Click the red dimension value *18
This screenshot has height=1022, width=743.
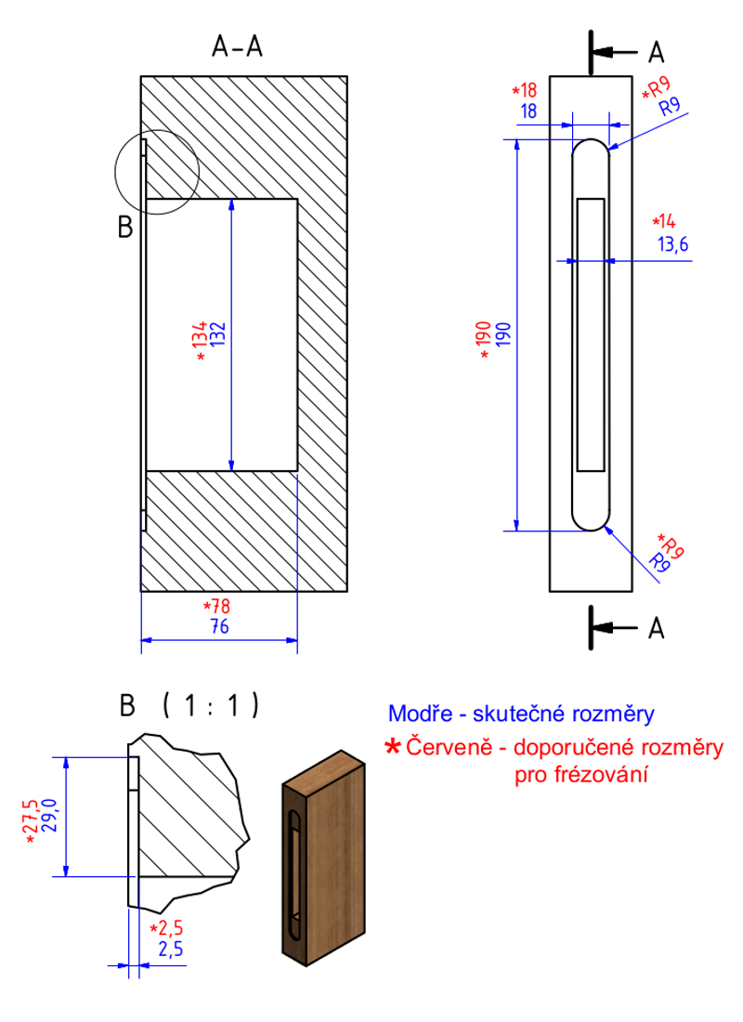point(525,91)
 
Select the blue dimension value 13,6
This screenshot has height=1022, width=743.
point(673,245)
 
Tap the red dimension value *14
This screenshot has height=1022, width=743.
point(665,222)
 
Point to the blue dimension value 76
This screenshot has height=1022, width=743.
point(219,626)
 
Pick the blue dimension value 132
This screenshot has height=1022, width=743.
point(218,334)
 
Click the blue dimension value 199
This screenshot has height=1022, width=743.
point(503,334)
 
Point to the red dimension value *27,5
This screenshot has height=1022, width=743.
point(31,820)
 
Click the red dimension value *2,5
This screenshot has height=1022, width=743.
point(167,928)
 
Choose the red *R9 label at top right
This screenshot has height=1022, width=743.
point(656,88)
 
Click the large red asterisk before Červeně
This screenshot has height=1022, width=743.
point(393,746)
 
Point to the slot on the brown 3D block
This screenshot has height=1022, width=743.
point(293,873)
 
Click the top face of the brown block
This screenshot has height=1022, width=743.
point(323,772)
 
